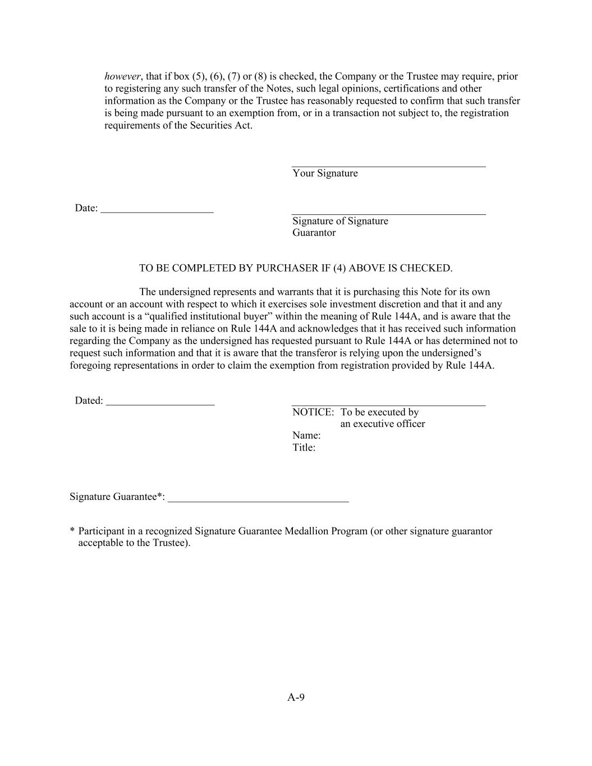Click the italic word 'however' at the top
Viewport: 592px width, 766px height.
(122, 76)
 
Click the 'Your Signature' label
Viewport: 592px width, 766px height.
(325, 173)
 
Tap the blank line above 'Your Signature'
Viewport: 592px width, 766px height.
(388, 166)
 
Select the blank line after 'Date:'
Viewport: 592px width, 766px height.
(157, 212)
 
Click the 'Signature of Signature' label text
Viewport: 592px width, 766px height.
(340, 221)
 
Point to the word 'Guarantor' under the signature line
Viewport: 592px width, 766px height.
(314, 233)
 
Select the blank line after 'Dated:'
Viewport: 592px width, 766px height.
(160, 405)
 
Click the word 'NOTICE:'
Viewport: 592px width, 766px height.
(313, 412)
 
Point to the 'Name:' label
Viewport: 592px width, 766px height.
(306, 436)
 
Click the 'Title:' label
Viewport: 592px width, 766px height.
(304, 448)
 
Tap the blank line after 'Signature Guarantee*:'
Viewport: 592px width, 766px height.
(258, 501)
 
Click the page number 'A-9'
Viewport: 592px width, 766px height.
(296, 698)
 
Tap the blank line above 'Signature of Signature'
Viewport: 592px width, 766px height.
(388, 214)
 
